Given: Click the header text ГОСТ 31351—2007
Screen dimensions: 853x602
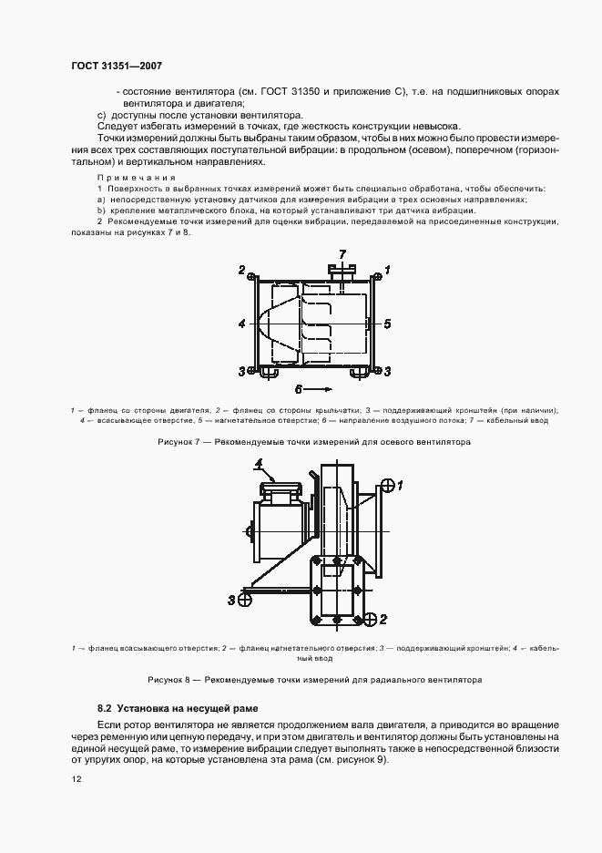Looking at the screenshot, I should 117,67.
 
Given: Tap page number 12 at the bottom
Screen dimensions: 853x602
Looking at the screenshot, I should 77,779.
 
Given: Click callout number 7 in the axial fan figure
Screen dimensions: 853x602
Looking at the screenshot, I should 342,253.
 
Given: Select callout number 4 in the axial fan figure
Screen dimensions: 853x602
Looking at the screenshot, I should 240,323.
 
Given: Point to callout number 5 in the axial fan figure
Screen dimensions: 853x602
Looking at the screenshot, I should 387,323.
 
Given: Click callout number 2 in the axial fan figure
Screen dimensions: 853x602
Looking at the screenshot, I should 242,271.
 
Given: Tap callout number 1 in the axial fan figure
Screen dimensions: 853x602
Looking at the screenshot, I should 387,271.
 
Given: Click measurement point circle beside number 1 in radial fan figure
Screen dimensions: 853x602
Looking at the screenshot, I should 385,485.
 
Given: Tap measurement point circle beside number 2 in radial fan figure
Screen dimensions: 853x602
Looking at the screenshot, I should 369,620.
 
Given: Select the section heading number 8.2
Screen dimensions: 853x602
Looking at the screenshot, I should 104,708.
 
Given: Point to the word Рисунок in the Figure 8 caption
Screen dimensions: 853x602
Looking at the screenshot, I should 167,680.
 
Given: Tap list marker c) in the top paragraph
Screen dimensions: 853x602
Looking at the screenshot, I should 102,116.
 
